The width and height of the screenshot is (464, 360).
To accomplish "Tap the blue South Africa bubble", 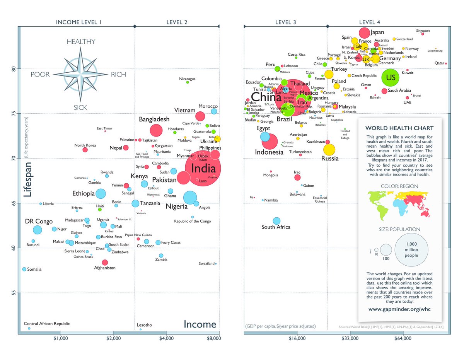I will click(x=276, y=221).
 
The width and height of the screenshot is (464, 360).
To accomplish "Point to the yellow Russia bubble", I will click(x=329, y=150).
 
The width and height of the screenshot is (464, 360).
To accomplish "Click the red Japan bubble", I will click(x=365, y=33).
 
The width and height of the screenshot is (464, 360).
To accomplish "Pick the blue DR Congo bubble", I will click(x=38, y=230).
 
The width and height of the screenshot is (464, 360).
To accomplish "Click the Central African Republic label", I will click(x=47, y=324).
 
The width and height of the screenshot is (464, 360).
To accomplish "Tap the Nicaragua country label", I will click(x=188, y=78).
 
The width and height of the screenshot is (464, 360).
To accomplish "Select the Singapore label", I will click(x=423, y=31).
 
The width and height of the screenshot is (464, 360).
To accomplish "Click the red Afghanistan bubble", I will click(x=105, y=262).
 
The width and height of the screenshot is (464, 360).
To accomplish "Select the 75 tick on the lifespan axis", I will click(x=12, y=114).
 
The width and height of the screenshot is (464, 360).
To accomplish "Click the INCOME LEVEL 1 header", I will click(x=79, y=22).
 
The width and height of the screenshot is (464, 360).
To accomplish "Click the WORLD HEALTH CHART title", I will click(x=399, y=128).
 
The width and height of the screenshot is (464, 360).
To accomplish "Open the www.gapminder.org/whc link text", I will click(x=399, y=309).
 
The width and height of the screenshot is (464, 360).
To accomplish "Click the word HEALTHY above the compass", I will click(x=81, y=42).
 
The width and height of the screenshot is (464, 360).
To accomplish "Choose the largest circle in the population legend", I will click(x=411, y=250).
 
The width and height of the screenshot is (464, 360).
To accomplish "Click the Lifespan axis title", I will click(x=27, y=179).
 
